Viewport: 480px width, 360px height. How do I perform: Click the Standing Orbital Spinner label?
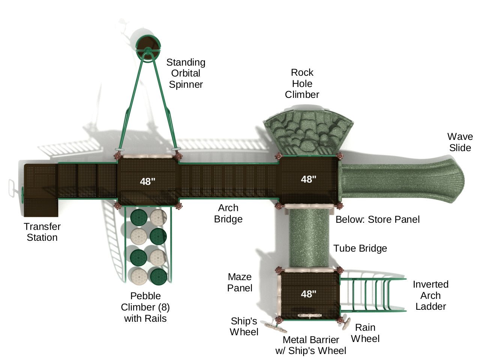click(x=186, y=73)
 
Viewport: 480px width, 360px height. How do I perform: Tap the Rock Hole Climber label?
click(x=302, y=83)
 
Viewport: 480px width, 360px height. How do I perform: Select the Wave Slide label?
click(x=460, y=142)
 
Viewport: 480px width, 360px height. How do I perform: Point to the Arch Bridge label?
click(x=228, y=213)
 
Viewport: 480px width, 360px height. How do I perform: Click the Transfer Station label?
click(x=42, y=232)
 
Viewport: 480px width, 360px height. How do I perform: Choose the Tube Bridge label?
click(x=360, y=248)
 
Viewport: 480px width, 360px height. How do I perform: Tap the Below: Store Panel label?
click(x=377, y=219)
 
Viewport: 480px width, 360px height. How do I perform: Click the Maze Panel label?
click(x=240, y=282)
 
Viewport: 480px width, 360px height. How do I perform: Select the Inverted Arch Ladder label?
click(x=430, y=295)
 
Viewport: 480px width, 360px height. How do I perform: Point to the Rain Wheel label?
click(x=365, y=333)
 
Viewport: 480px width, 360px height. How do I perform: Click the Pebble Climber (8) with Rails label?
click(x=145, y=307)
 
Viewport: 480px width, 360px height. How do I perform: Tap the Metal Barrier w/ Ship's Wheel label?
click(x=311, y=345)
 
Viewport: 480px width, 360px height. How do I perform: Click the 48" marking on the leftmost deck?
click(x=147, y=181)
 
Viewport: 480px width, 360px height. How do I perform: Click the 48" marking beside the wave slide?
click(x=308, y=179)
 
